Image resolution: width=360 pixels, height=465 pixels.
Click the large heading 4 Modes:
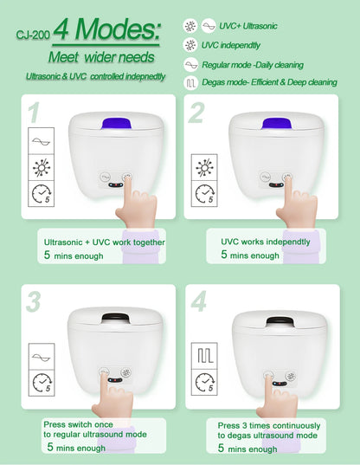coord(106,32)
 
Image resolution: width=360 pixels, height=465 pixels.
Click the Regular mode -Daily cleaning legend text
coord(269,64)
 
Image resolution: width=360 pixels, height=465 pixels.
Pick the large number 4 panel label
coord(198,302)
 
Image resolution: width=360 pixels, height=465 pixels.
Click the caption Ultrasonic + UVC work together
coord(104,242)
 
